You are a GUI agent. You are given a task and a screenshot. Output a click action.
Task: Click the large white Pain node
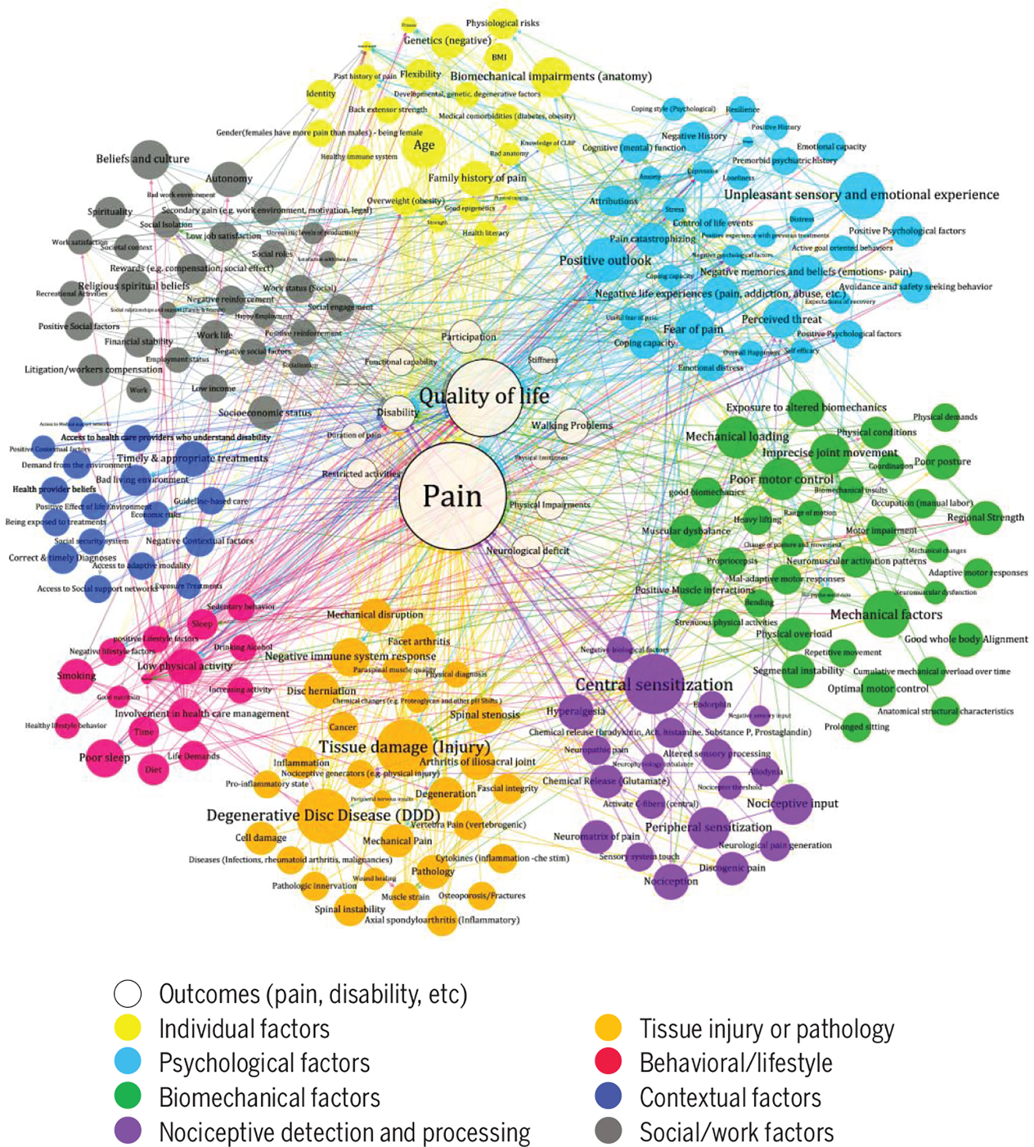453,496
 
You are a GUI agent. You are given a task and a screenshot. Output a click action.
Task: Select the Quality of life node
484,397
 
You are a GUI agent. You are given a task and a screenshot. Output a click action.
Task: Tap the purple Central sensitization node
654,684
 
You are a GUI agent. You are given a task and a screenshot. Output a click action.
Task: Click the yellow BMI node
499,57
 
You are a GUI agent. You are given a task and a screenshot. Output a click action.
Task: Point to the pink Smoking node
76,676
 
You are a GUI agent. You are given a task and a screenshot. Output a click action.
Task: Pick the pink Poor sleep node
104,757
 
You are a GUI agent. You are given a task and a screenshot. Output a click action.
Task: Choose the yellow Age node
423,145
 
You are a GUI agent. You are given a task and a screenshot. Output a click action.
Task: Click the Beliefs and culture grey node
149,159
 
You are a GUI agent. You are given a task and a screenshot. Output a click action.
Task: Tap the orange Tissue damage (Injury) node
404,746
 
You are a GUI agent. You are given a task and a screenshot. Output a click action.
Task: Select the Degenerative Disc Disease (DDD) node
323,815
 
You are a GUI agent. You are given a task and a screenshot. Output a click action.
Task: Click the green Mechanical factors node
886,615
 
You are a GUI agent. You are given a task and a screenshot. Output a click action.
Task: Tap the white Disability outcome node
398,413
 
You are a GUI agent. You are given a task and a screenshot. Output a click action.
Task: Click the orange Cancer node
343,727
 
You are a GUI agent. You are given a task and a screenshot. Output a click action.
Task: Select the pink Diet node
153,769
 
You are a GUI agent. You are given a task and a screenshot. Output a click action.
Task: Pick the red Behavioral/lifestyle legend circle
608,1063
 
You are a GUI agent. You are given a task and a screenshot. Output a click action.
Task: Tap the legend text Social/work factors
736,1132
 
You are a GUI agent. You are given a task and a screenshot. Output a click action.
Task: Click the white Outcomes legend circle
128,994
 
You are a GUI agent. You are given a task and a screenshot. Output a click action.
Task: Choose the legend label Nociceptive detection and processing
344,1132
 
